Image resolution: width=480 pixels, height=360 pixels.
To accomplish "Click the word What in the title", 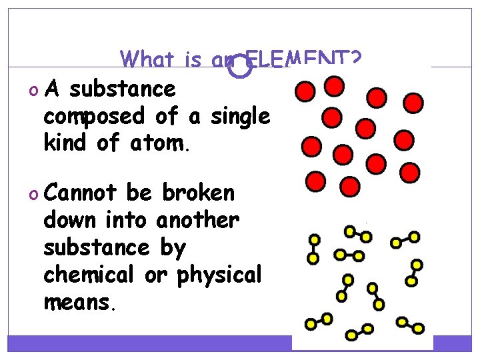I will click(x=151, y=61).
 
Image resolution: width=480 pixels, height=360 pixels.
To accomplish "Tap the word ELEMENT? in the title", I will click(x=304, y=61).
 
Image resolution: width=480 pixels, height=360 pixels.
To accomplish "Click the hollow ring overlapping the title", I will click(x=237, y=65).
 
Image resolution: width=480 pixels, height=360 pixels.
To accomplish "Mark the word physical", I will click(x=219, y=275).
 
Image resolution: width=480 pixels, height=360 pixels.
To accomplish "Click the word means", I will click(x=79, y=303).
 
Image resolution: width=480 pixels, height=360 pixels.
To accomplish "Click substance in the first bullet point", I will click(x=122, y=89).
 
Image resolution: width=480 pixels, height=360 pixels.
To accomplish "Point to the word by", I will click(x=172, y=248).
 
